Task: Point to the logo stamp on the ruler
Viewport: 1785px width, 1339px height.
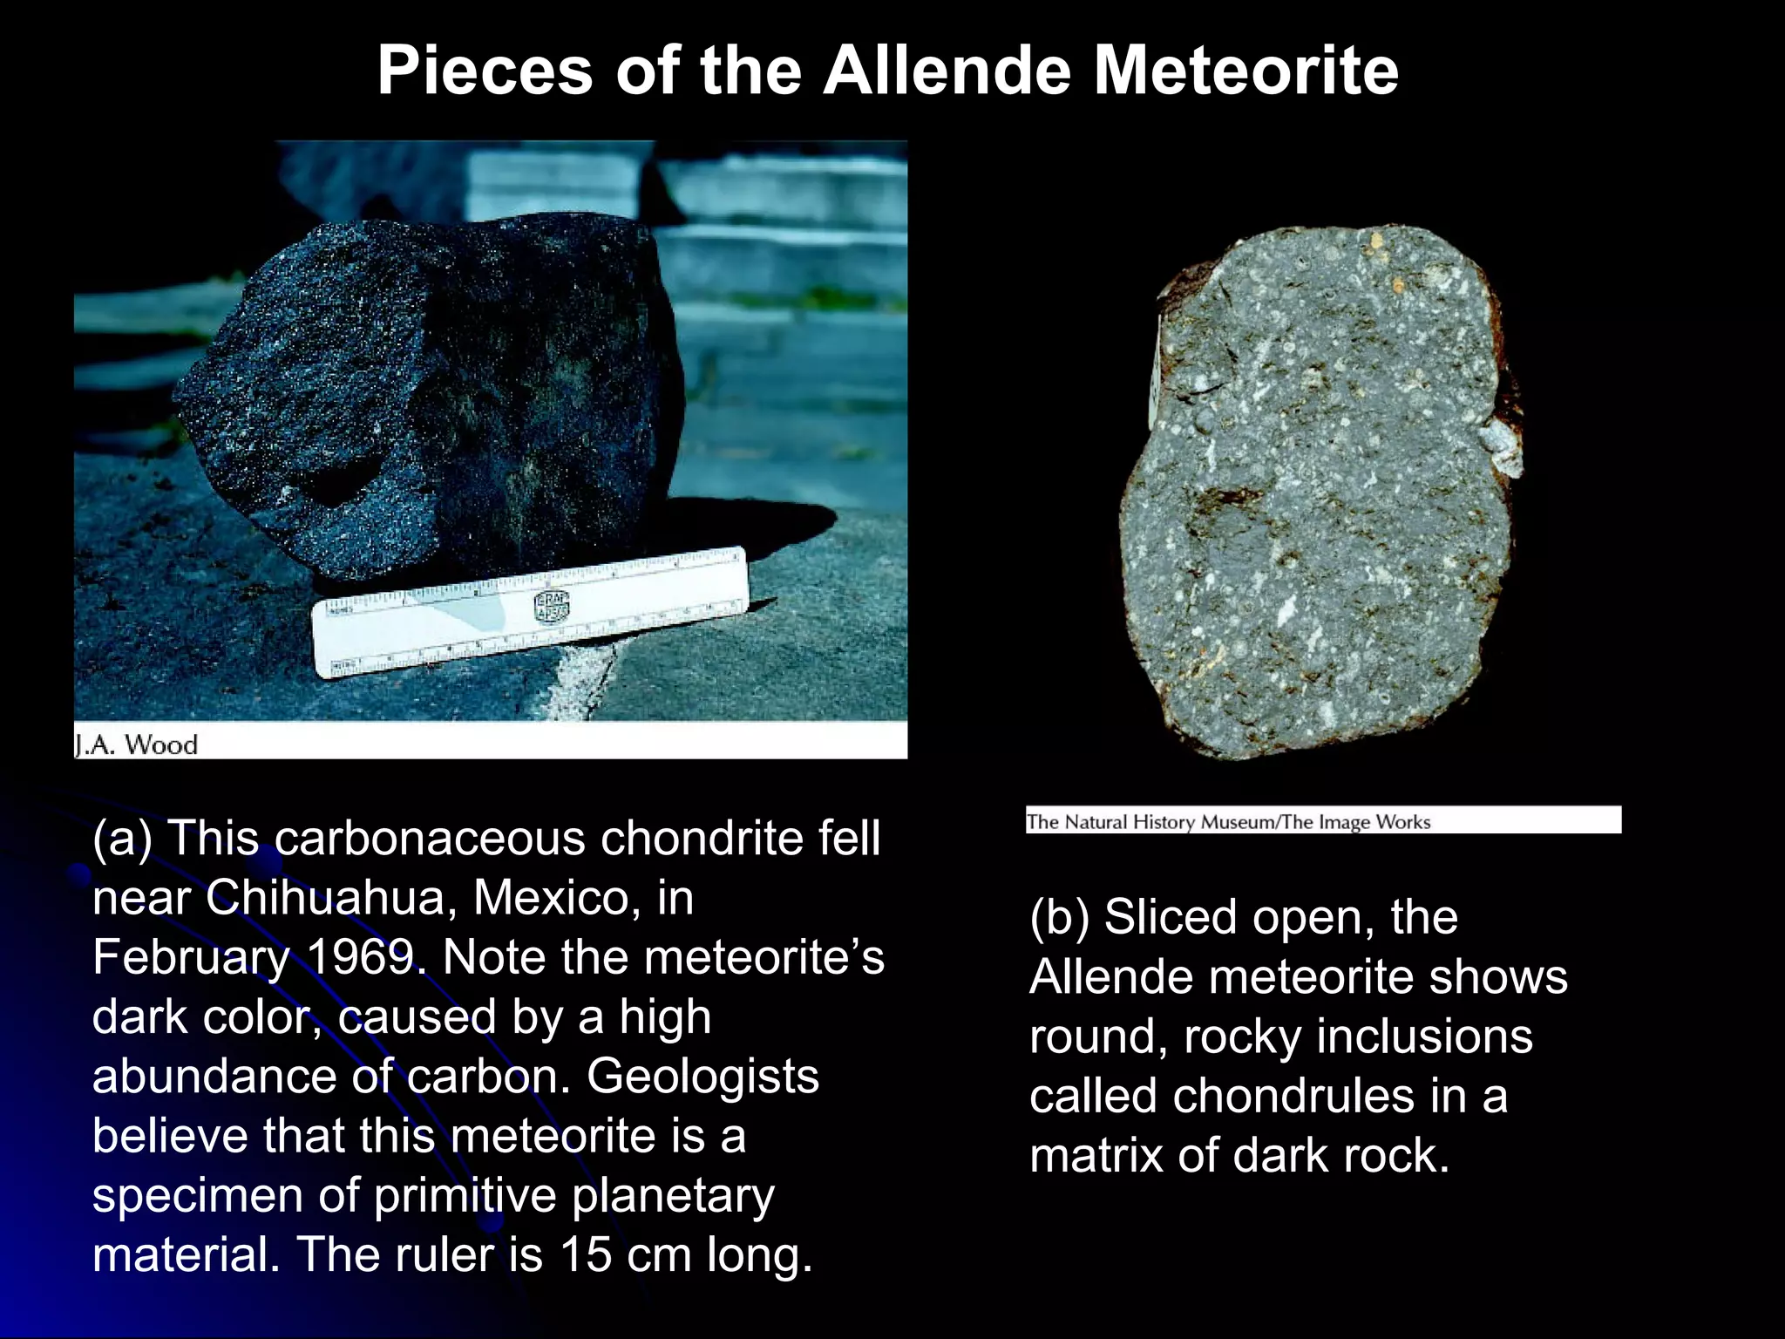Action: click(x=551, y=607)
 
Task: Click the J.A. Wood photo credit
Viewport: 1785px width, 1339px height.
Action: click(x=137, y=744)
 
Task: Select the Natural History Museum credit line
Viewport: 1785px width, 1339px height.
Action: click(x=1229, y=821)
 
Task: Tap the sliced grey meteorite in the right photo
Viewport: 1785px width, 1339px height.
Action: click(x=1316, y=488)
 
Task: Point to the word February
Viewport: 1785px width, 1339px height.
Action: click(x=191, y=957)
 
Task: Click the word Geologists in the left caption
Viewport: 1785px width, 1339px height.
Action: click(x=702, y=1076)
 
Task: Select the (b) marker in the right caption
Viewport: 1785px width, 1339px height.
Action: click(x=1059, y=917)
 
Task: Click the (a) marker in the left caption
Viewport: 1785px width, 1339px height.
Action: click(x=122, y=838)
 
